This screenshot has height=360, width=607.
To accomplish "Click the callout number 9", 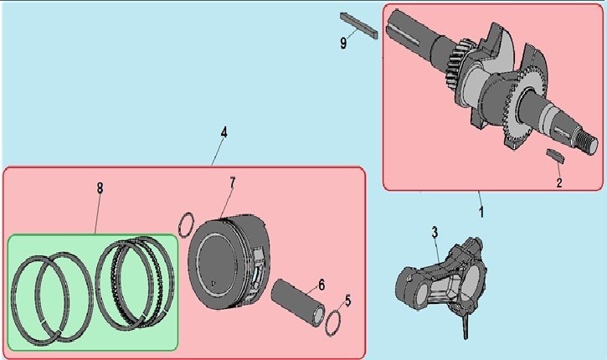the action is click(343, 43).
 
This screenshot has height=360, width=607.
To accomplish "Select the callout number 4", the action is click(224, 132).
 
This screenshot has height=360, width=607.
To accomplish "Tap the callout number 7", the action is click(232, 183).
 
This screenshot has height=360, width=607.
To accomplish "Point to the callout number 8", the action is click(100, 188).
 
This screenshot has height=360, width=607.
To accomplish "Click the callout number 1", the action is click(481, 212).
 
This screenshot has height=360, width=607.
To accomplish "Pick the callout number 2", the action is click(559, 183).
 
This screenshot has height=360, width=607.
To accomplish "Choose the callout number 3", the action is click(435, 232).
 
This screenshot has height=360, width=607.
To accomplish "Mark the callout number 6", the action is click(322, 285).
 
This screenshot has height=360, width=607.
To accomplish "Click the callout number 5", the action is click(347, 301).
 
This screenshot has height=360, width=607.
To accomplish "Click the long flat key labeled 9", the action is click(359, 26).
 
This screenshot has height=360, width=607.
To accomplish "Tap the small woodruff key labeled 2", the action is click(555, 156).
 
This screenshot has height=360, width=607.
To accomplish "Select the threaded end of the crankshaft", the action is click(589, 141).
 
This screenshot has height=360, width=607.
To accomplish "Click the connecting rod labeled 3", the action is click(441, 277).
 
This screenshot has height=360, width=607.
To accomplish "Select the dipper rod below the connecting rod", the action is click(465, 324).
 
